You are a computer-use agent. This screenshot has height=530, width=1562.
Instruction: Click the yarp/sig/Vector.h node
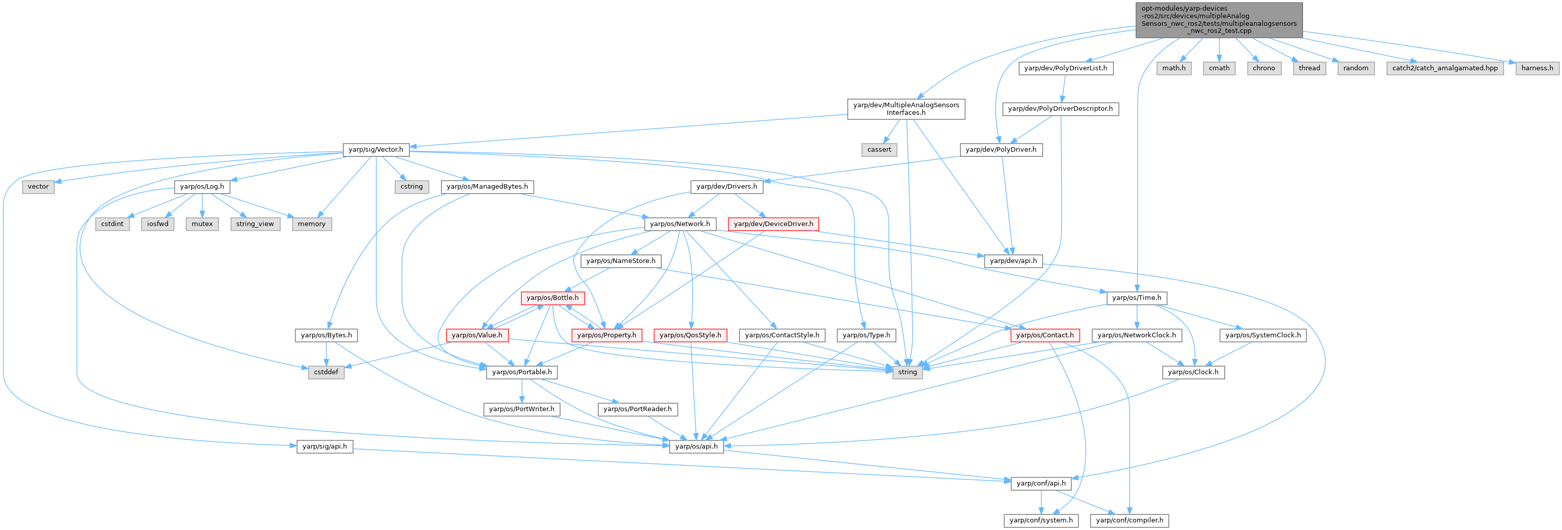point(375,149)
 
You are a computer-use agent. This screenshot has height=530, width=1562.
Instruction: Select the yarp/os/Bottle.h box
point(552,298)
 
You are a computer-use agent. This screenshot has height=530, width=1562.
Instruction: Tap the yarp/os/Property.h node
point(606,335)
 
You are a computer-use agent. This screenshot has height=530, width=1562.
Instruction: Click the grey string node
point(907,372)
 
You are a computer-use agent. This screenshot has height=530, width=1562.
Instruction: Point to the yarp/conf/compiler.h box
point(1129,520)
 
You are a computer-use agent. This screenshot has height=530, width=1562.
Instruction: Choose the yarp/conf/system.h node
point(1040,520)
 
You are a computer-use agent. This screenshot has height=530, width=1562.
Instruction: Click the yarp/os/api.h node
point(696,447)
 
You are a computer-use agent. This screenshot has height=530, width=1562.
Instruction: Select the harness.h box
point(1537,68)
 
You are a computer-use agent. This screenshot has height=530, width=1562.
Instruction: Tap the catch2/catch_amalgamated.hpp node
point(1444,68)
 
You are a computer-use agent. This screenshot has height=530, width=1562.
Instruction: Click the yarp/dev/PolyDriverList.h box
point(1065,68)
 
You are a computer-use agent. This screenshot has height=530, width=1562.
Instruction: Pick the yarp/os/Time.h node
point(1136,298)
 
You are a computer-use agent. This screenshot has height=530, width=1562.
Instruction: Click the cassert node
point(879,149)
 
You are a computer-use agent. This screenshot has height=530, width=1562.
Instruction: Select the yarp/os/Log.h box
point(202,186)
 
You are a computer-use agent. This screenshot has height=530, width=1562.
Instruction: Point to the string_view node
point(254,224)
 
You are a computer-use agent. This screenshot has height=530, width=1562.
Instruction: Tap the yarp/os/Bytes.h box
point(326,335)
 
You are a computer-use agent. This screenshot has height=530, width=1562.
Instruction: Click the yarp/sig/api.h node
point(324,447)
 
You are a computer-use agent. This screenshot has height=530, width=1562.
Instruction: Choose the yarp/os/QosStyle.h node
point(690,335)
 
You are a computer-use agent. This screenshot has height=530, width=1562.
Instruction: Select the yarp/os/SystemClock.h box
point(1263,335)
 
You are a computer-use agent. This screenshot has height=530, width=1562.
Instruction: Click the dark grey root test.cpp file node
point(1219,19)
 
